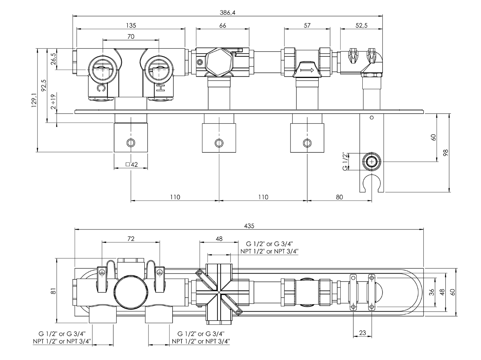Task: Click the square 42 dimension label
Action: tap(131, 165)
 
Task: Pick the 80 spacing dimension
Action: tap(339, 197)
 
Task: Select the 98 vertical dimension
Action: tap(446, 153)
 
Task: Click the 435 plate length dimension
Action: tap(249, 226)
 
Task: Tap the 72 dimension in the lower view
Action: tap(131, 238)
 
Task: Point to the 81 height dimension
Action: tap(54, 291)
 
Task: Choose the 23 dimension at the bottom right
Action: tap(362, 333)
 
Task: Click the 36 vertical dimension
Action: tap(432, 292)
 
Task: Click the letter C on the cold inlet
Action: tap(101, 88)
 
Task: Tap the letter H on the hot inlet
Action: tap(160, 88)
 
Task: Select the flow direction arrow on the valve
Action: tap(307, 70)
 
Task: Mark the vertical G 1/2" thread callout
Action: tap(345, 161)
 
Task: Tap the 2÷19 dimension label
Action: tap(54, 102)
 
